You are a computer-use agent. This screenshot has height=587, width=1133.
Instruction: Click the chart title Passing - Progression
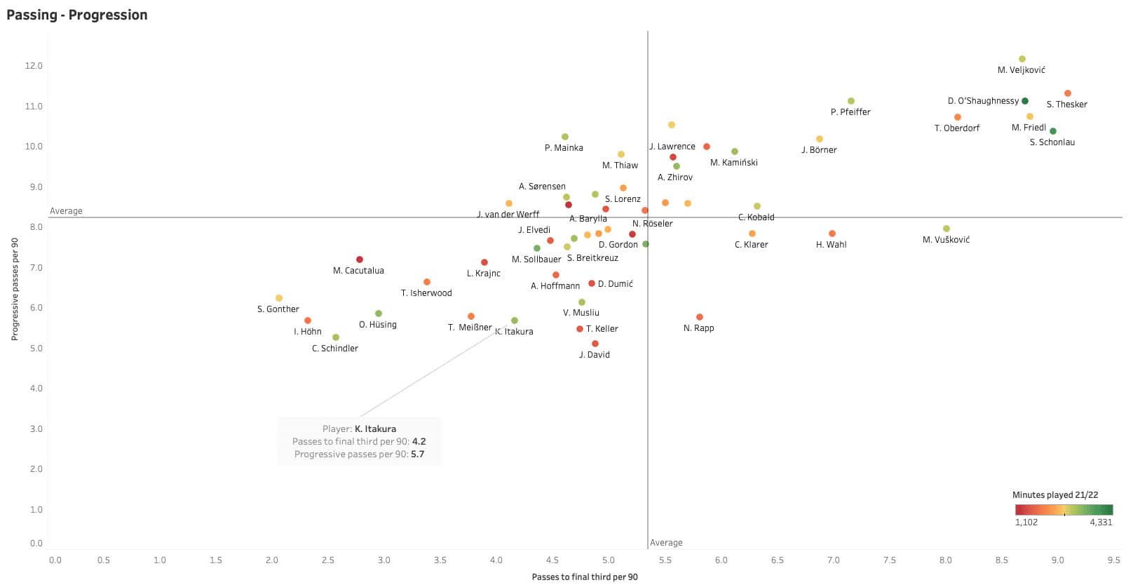tap(77, 15)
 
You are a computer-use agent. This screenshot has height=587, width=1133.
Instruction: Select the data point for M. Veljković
tap(1022, 59)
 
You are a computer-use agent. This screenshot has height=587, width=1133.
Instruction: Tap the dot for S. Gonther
tap(279, 298)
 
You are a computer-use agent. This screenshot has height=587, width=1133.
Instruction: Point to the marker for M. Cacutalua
tap(360, 259)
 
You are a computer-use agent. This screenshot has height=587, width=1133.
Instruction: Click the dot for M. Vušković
tap(947, 229)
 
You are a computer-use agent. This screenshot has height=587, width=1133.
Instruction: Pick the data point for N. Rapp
tap(699, 317)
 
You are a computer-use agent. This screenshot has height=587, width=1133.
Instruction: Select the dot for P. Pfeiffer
tap(851, 101)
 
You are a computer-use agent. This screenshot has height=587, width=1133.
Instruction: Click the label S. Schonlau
tap(1052, 142)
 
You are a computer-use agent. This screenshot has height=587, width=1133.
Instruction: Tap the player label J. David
tap(595, 355)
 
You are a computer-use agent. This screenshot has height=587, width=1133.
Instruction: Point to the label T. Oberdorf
tap(957, 128)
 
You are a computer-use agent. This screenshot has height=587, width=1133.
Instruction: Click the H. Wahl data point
tap(832, 234)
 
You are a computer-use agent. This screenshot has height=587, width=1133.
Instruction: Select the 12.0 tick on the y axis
tap(34, 66)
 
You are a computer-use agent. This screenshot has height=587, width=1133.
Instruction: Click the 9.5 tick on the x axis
tap(1113, 560)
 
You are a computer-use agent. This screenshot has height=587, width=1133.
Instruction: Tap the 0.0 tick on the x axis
tap(55, 560)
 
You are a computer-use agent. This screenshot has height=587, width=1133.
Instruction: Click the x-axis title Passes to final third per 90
tap(585, 577)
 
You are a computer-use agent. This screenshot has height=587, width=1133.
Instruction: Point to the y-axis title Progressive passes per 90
tap(15, 289)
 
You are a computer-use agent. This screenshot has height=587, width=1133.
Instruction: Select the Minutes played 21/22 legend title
tap(1062, 495)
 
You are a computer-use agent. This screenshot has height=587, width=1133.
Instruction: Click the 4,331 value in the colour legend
tap(1101, 522)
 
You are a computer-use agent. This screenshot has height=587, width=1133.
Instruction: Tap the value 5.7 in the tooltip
tap(417, 454)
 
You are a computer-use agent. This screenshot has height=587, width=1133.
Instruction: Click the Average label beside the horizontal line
tap(66, 211)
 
